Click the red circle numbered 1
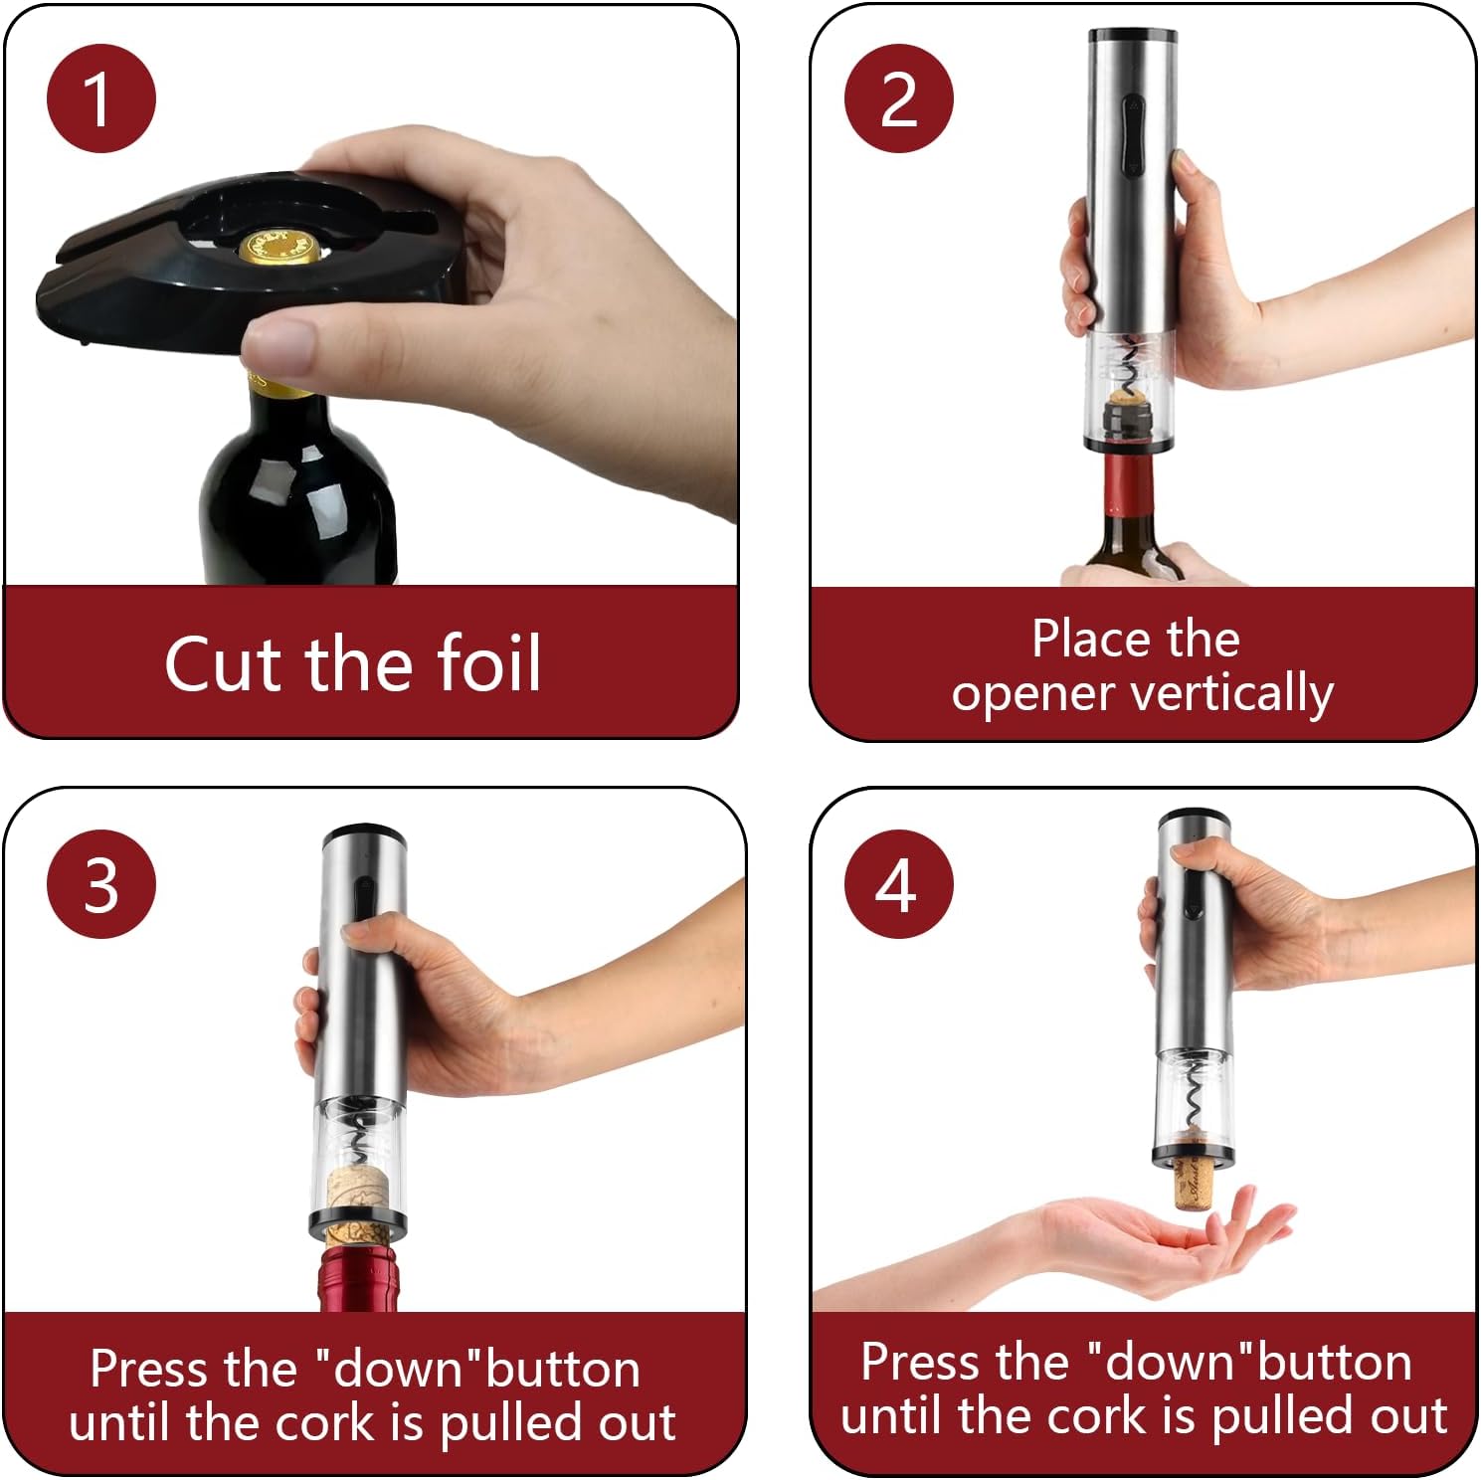click(100, 98)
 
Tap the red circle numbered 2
click(898, 98)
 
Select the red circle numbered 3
click(100, 884)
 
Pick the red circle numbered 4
click(898, 884)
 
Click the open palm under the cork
click(1144, 1243)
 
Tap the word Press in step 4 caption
click(914, 1362)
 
